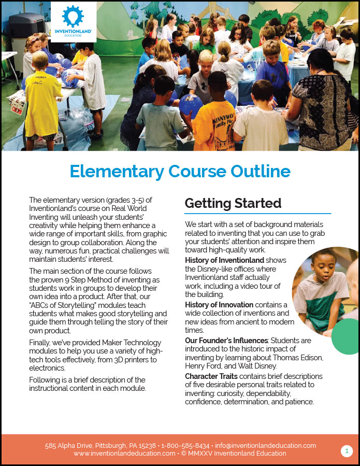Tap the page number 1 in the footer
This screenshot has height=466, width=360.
click(347, 451)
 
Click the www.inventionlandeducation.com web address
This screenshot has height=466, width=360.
click(124, 454)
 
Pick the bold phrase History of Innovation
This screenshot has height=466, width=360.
click(219, 305)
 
